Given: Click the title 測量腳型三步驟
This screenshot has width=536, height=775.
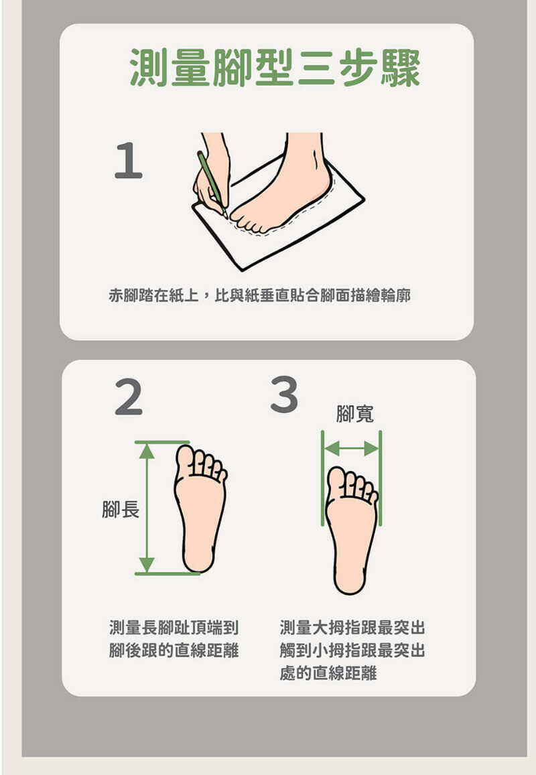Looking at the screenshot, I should [274, 67].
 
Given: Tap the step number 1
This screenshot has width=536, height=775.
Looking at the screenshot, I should [128, 161].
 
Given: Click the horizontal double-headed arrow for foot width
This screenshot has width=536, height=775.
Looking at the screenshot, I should [352, 448].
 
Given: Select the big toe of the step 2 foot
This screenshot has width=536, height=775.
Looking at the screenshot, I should [186, 459].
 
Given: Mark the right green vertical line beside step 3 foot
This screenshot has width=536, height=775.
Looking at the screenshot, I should [380, 489].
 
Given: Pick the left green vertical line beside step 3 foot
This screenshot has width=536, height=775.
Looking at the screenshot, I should [323, 489].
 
